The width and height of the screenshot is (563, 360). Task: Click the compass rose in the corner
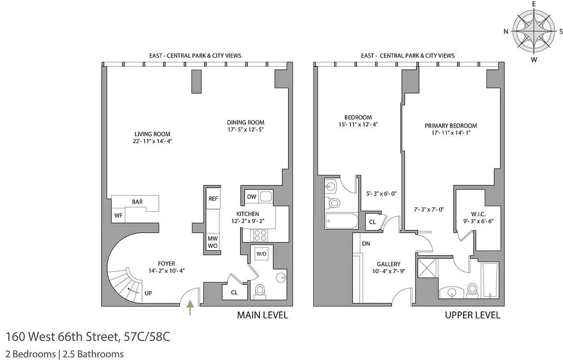[534, 31]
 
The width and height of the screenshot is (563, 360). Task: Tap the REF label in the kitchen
[213, 199]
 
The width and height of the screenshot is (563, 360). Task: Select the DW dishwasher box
[252, 197]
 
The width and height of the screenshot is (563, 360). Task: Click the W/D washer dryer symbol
[261, 254]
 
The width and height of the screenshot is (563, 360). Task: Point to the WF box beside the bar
[118, 216]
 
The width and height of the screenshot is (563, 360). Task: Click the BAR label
[137, 202]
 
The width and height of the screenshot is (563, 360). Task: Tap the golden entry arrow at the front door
[190, 308]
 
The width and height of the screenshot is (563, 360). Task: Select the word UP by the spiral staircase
[148, 293]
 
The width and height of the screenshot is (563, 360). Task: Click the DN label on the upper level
[366, 244]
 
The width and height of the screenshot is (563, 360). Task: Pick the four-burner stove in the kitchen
[261, 235]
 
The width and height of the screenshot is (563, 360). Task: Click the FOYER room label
[166, 264]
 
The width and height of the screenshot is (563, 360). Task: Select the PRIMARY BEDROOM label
[451, 126]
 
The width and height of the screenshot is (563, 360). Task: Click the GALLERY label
[389, 264]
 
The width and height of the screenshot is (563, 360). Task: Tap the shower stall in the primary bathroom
[427, 270]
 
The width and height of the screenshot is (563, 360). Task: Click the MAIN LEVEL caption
[262, 315]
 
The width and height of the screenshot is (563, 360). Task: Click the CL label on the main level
[234, 292]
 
